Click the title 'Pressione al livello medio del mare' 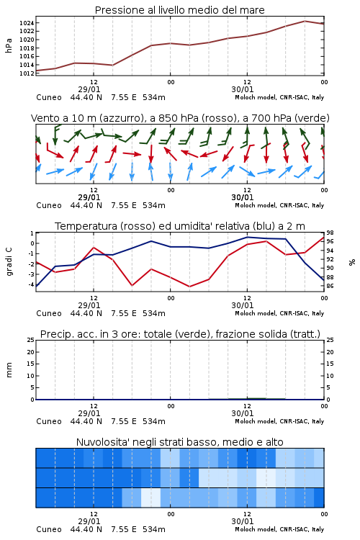(x=179, y=10)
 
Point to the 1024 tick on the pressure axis (x=27, y=23)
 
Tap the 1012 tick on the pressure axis (x=27, y=73)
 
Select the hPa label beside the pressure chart (x=9, y=45)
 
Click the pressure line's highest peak (x=305, y=21)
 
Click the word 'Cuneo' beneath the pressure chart (x=49, y=97)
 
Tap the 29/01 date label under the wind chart (x=89, y=198)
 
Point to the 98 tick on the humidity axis (x=330, y=233)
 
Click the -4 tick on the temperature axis (x=31, y=285)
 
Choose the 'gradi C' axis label (x=9, y=261)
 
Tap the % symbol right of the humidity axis (x=352, y=262)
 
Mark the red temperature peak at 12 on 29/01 (x=94, y=248)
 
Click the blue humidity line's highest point (x=247, y=237)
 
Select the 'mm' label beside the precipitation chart (x=9, y=370)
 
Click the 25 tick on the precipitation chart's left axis (x=31, y=341)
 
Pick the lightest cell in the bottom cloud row (x=151, y=498)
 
